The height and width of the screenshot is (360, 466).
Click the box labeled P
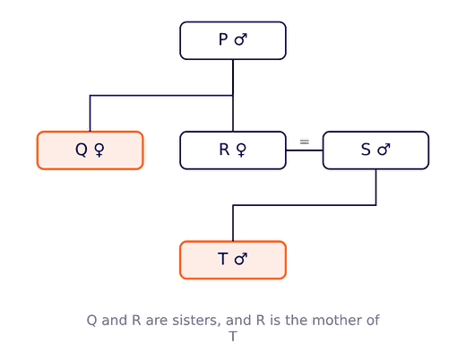pos(233,40)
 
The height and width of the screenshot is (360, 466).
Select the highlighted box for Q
pos(90,150)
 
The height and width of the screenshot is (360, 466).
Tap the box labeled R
pos(233,150)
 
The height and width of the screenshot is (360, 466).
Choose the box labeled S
pos(375,150)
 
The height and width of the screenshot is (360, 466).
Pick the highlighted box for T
pos(233,260)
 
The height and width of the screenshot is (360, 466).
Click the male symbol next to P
pos(241,39)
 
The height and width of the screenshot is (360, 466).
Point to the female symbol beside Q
pos(99,150)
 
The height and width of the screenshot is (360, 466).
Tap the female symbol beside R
pos(241,150)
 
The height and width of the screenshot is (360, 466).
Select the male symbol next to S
pos(384,150)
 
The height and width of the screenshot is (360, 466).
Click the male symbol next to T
pos(241,259)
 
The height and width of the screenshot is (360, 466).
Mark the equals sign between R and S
pos(305,141)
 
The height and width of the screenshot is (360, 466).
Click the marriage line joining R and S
pos(305,150)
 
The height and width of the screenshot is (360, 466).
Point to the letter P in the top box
pos(223,39)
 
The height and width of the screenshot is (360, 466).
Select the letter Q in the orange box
pos(82,150)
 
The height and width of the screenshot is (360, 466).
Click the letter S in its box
pos(366,150)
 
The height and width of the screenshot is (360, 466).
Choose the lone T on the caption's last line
pos(233,337)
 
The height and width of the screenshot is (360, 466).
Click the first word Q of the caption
pos(91,321)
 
